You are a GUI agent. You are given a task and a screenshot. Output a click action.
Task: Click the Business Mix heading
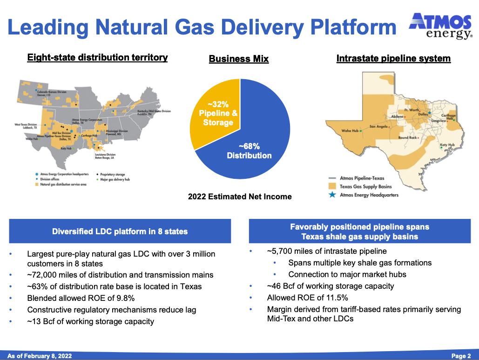(238, 59)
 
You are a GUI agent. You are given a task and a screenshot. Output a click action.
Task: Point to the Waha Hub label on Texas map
(350, 131)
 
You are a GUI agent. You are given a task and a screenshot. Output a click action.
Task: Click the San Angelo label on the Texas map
(379, 126)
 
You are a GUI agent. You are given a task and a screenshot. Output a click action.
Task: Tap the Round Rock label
(407, 138)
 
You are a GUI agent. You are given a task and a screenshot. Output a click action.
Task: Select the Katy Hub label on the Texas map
(447, 145)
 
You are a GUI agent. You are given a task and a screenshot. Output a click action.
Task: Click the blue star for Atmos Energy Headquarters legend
(331, 195)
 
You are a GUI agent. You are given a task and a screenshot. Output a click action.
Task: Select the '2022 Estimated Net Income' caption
(240, 197)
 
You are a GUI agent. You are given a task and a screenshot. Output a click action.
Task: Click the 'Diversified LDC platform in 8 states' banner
(120, 231)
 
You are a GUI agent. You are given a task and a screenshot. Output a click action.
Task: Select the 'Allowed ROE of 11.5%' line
(307, 298)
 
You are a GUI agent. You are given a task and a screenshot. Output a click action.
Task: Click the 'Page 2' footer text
(461, 356)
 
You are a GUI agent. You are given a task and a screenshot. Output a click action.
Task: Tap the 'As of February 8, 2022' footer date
(40, 356)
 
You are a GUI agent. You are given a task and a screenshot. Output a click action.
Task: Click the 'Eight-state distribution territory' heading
(97, 58)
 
